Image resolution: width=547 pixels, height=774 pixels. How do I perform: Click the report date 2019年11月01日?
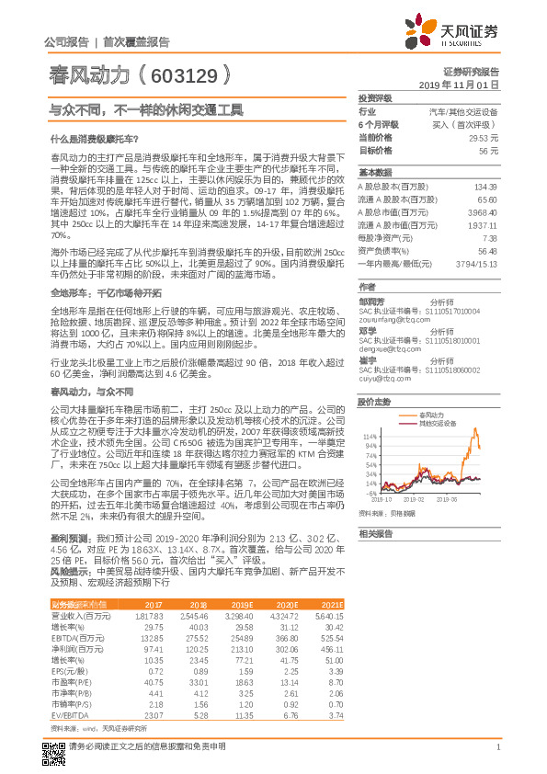click(x=466, y=84)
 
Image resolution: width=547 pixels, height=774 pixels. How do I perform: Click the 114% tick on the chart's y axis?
click(x=367, y=435)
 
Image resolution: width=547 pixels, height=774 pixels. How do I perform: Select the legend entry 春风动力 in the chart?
click(x=430, y=416)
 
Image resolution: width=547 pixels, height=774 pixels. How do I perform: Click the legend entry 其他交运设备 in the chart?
click(x=438, y=424)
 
